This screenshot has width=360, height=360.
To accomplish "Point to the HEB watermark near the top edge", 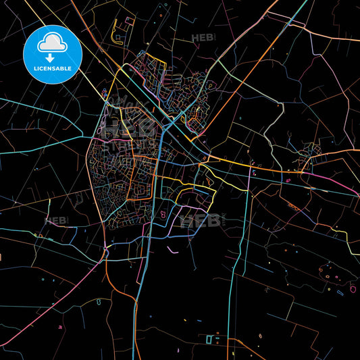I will point(203,38).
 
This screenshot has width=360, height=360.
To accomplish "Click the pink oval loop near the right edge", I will point(353,289).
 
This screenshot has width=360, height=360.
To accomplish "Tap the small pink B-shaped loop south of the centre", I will point(162,216).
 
